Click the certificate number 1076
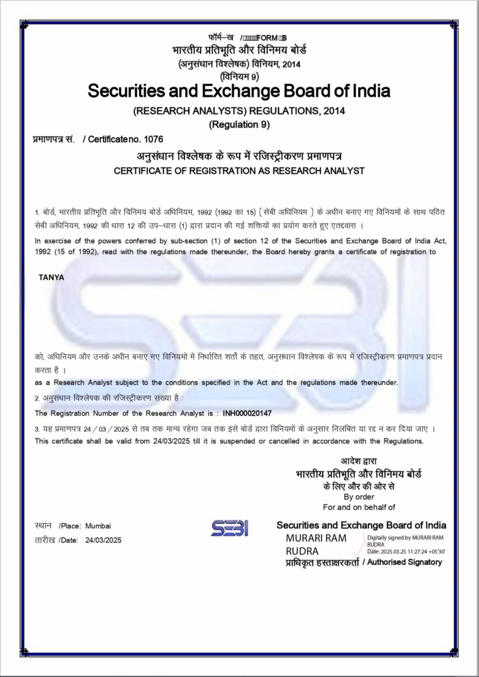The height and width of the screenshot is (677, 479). coord(153,139)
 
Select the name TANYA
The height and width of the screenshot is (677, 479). coord(52,277)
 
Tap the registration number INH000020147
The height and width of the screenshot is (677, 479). coord(247,413)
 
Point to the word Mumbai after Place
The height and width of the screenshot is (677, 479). coord(98,526)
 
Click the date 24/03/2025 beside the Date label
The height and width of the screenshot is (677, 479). coord(104,540)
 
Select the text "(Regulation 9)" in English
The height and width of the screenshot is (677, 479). coord(239,124)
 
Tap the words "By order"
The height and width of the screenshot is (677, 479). coord(359,497)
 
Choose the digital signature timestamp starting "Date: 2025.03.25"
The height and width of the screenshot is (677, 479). coord(406,551)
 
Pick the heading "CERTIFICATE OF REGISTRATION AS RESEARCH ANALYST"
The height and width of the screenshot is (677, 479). coord(239,171)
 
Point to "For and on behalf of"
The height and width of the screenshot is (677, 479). coord(359,507)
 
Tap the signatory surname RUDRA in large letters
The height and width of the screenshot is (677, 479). coord(302,551)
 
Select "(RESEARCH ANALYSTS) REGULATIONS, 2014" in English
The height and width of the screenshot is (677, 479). coord(239,110)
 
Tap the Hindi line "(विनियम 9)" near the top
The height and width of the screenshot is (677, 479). coord(239,76)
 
